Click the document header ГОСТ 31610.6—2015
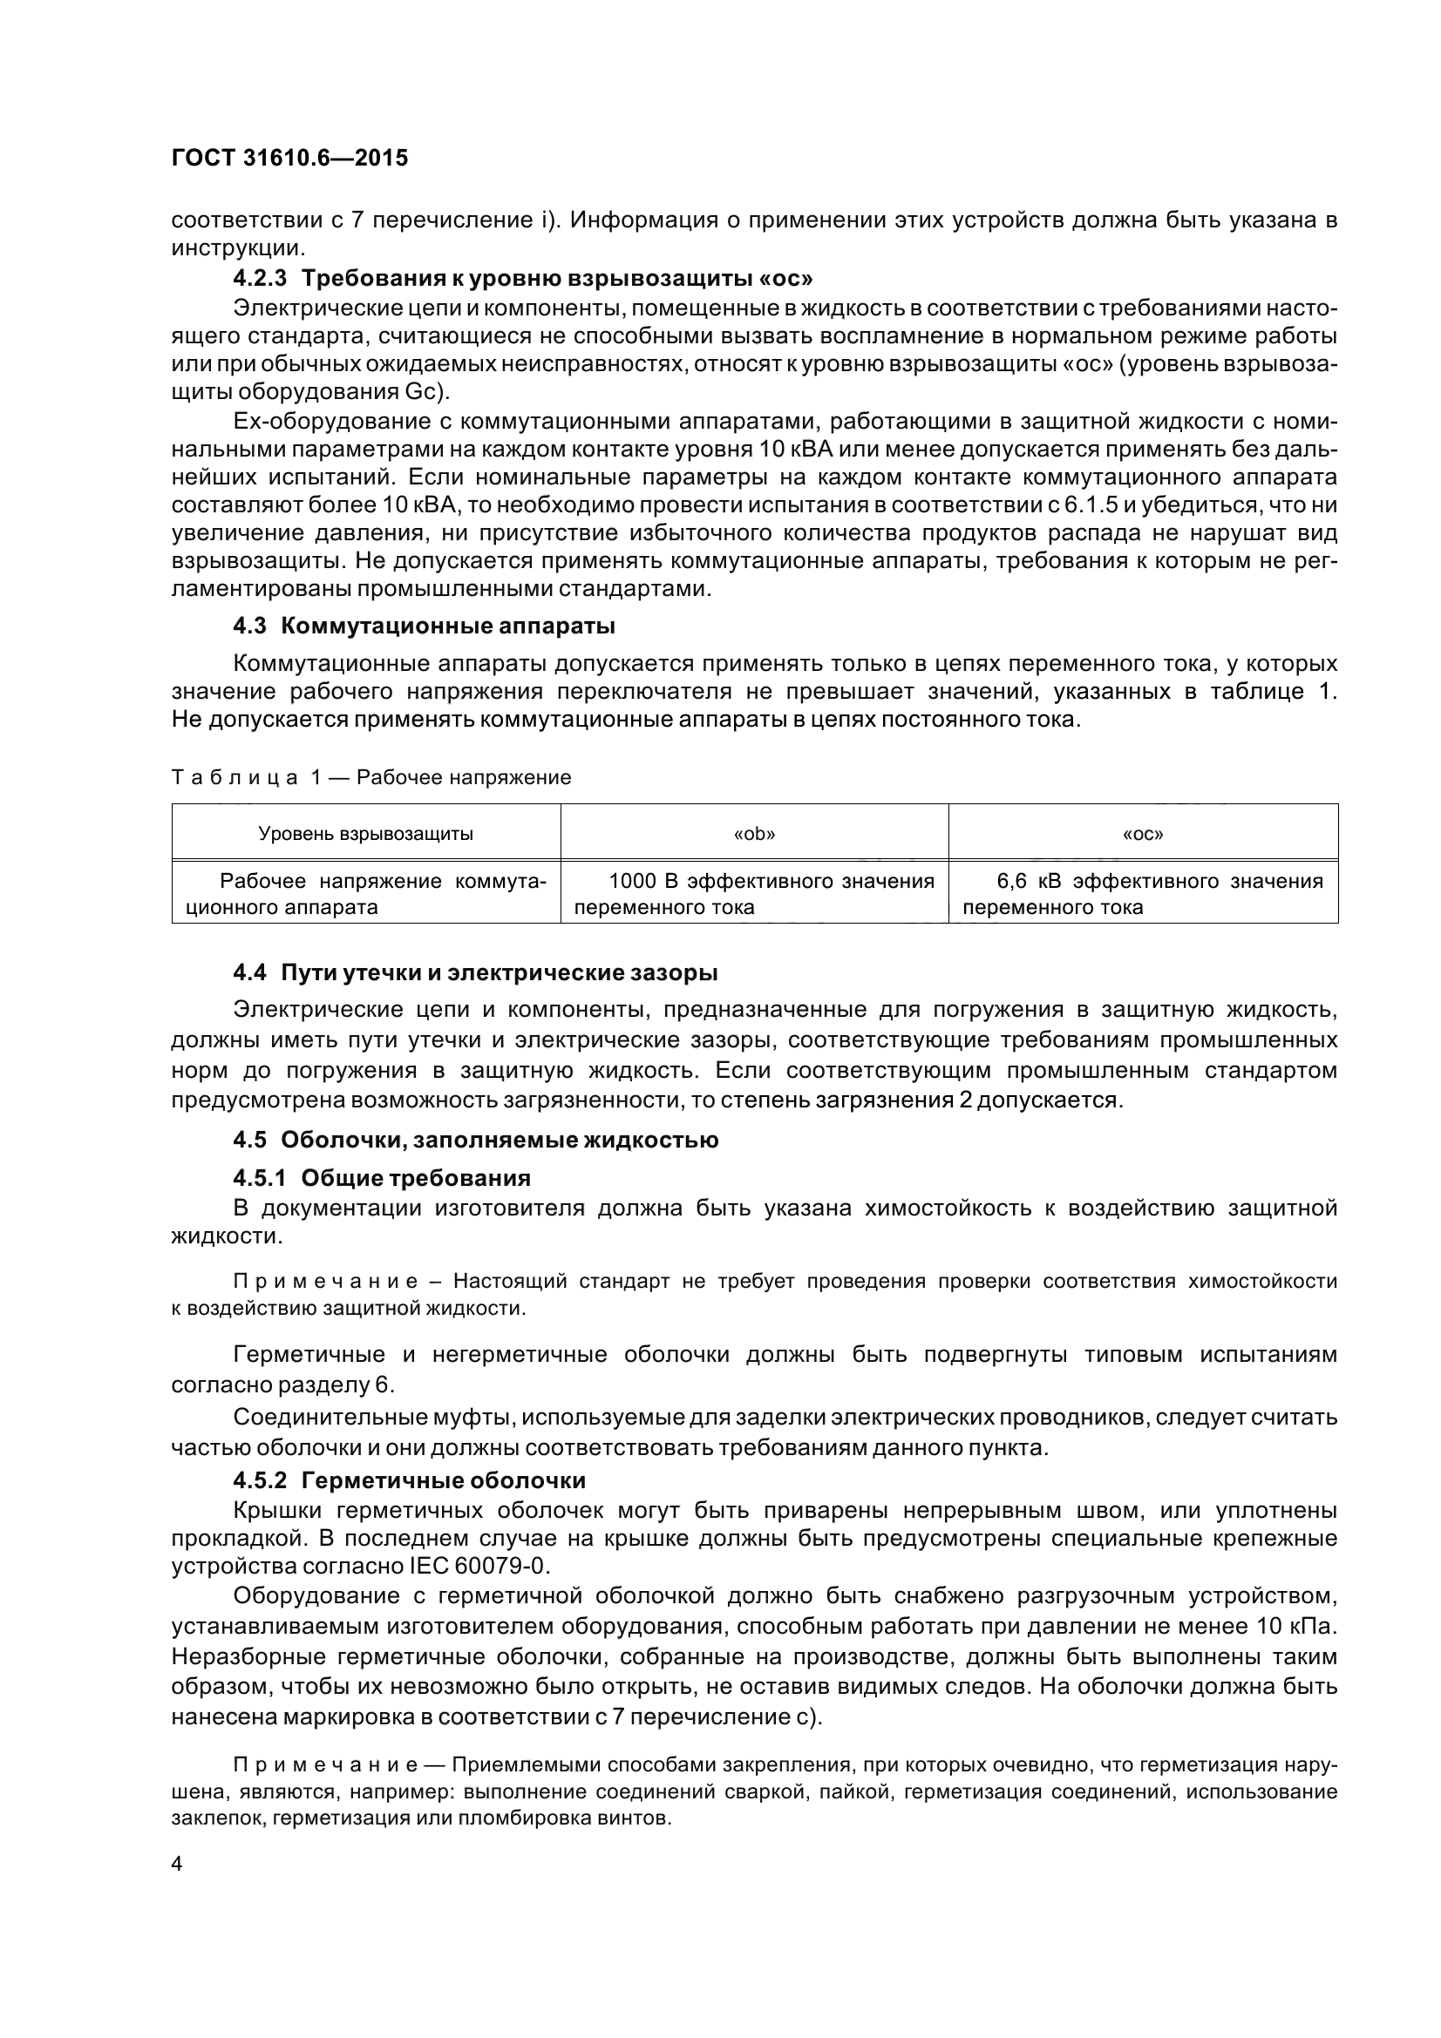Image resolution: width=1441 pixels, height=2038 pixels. pyautogui.click(x=289, y=158)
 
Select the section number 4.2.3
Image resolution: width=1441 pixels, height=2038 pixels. pyautogui.click(x=260, y=279)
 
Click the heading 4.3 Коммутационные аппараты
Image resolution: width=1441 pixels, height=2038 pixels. pyautogui.click(x=425, y=626)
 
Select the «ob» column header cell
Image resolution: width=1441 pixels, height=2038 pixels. pyautogui.click(x=754, y=834)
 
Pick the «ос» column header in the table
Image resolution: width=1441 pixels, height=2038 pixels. pyautogui.click(x=1143, y=834)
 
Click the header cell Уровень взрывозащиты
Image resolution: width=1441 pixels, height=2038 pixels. pyautogui.click(x=365, y=834)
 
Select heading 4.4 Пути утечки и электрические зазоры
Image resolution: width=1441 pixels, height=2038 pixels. pyautogui.click(x=475, y=973)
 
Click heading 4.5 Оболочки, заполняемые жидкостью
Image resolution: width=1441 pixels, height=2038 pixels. pyautogui.click(x=475, y=1140)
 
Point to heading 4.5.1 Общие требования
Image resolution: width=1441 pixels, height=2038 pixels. pyautogui.click(x=382, y=1178)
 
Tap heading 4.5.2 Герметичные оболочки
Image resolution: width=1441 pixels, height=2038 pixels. pyautogui.click(x=410, y=1479)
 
